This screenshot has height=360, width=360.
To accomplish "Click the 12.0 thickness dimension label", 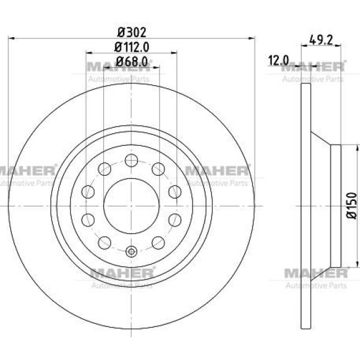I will pos(278,60).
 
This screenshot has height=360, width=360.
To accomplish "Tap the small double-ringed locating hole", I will pos(131,252).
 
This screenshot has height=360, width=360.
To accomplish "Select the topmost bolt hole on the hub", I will pos(131,160).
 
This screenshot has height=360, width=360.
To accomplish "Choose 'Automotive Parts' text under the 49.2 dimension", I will pos(313,79).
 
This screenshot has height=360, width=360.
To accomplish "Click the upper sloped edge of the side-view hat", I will pos(320,138).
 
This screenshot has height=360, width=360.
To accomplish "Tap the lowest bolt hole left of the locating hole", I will pos(105,242).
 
